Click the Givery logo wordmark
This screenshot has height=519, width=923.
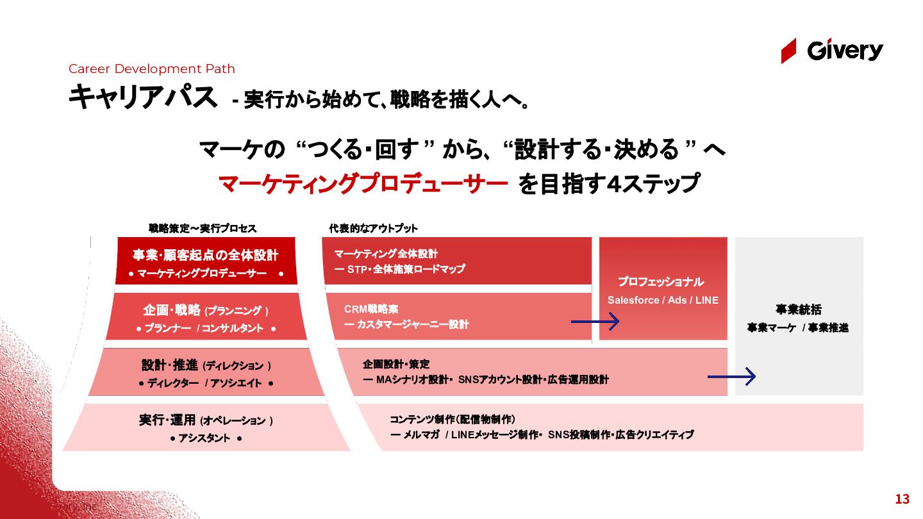845,51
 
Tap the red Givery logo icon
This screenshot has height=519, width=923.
788,51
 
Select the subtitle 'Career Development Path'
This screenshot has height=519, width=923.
152,69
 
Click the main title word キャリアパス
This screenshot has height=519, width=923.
143,97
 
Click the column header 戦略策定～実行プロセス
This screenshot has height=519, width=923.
203,228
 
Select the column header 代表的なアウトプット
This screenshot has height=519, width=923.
373,228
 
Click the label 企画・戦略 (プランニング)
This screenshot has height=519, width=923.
205,311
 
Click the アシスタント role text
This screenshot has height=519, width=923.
206,438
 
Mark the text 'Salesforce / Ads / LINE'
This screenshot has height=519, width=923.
663,300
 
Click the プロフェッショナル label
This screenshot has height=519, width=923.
661,282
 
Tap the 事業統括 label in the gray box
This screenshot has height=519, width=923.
798,309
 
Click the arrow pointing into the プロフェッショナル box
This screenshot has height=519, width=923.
595,321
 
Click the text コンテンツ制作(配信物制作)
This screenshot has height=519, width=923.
453,419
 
